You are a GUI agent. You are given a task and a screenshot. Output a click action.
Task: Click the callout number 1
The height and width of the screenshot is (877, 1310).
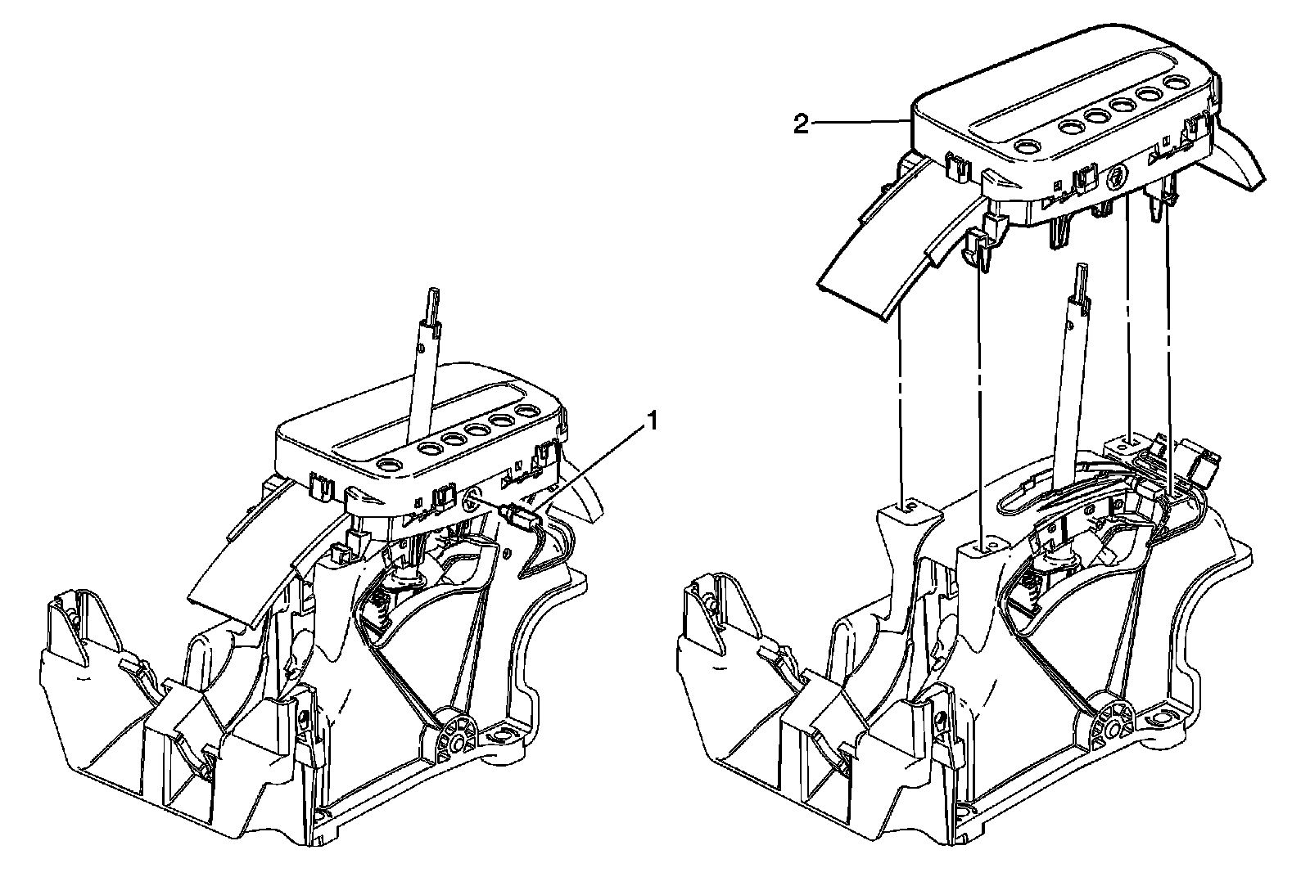tap(653, 421)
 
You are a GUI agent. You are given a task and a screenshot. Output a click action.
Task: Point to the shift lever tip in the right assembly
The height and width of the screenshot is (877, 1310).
tap(1082, 270)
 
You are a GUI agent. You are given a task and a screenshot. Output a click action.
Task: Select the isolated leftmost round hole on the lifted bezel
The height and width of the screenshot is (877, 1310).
tap(1026, 146)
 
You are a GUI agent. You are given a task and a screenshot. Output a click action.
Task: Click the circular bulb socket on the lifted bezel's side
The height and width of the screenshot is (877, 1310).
tap(1116, 174)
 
